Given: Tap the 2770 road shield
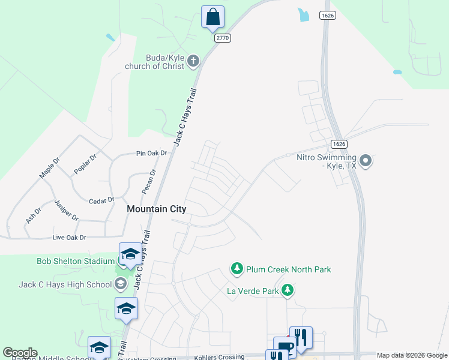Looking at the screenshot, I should (223, 37).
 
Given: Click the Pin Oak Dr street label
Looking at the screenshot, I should (151, 154).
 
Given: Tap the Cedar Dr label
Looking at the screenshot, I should (101, 200).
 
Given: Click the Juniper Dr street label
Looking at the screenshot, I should (66, 210).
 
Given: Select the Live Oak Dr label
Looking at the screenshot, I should (70, 238).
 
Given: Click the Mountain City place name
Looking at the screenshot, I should (157, 209).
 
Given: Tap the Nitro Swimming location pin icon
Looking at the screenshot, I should (366, 161).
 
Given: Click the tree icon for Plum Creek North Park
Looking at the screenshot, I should (237, 269).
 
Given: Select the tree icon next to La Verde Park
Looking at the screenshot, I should (288, 291).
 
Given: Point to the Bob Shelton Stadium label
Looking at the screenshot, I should (75, 261).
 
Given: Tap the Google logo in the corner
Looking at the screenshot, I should (20, 353).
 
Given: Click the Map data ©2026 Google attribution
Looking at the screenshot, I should (412, 355).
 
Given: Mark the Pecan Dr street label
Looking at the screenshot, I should (149, 181).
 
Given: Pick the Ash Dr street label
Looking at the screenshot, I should (33, 215).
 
